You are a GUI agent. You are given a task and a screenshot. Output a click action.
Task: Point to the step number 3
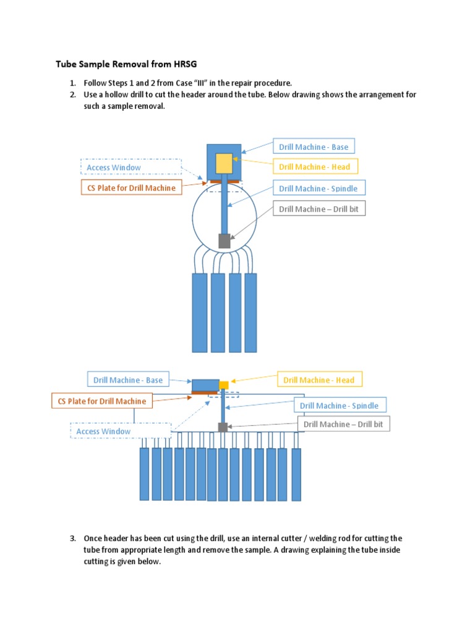coord(73,538)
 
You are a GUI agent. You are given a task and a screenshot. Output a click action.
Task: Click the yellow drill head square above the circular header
coord(224,163)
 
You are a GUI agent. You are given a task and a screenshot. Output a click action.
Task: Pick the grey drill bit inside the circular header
coord(224,241)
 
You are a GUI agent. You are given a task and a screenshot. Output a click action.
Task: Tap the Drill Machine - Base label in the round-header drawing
coord(314,147)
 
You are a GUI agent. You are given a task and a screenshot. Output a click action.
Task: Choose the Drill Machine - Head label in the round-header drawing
coord(314,167)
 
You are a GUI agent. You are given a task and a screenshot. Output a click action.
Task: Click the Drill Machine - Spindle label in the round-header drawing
coord(318,188)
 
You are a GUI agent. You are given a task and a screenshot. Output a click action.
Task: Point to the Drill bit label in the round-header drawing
coord(319,209)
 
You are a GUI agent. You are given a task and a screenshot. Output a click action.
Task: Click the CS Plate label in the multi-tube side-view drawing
coord(102,401)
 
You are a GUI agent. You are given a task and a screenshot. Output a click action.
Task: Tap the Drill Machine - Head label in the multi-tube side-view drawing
coord(319,380)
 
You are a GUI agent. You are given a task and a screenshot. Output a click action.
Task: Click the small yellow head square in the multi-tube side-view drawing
coord(224,385)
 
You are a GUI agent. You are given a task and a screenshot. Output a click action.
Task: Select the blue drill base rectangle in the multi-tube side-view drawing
coord(205,384)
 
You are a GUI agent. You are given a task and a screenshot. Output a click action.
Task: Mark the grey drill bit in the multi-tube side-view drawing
coord(223,427)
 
